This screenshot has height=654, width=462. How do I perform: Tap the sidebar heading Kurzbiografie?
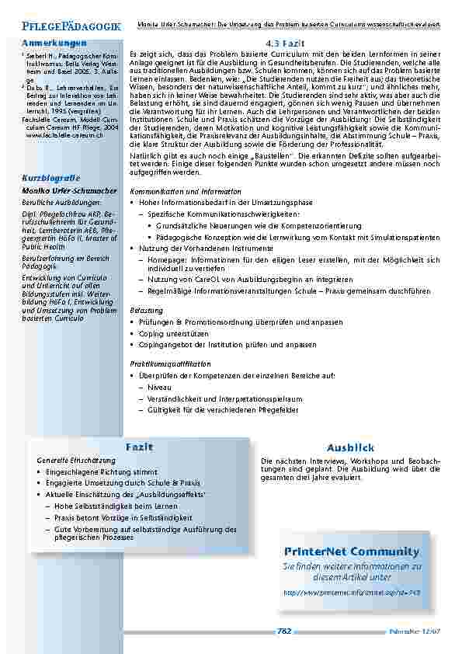51,179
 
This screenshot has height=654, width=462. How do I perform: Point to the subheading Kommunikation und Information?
186,191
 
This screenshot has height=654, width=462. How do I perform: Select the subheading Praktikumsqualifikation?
170,364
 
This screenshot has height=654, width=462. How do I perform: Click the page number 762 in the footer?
283,631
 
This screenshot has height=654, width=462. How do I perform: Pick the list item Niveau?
159,386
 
